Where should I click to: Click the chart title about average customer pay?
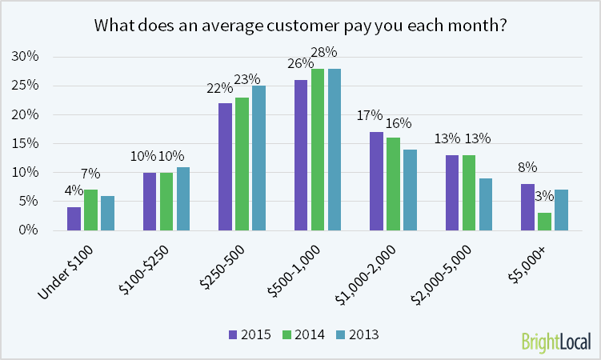(301, 25)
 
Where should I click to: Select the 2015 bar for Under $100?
(74, 218)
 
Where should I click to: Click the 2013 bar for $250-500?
(258, 158)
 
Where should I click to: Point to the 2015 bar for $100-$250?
(149, 201)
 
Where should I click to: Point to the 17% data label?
(370, 115)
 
